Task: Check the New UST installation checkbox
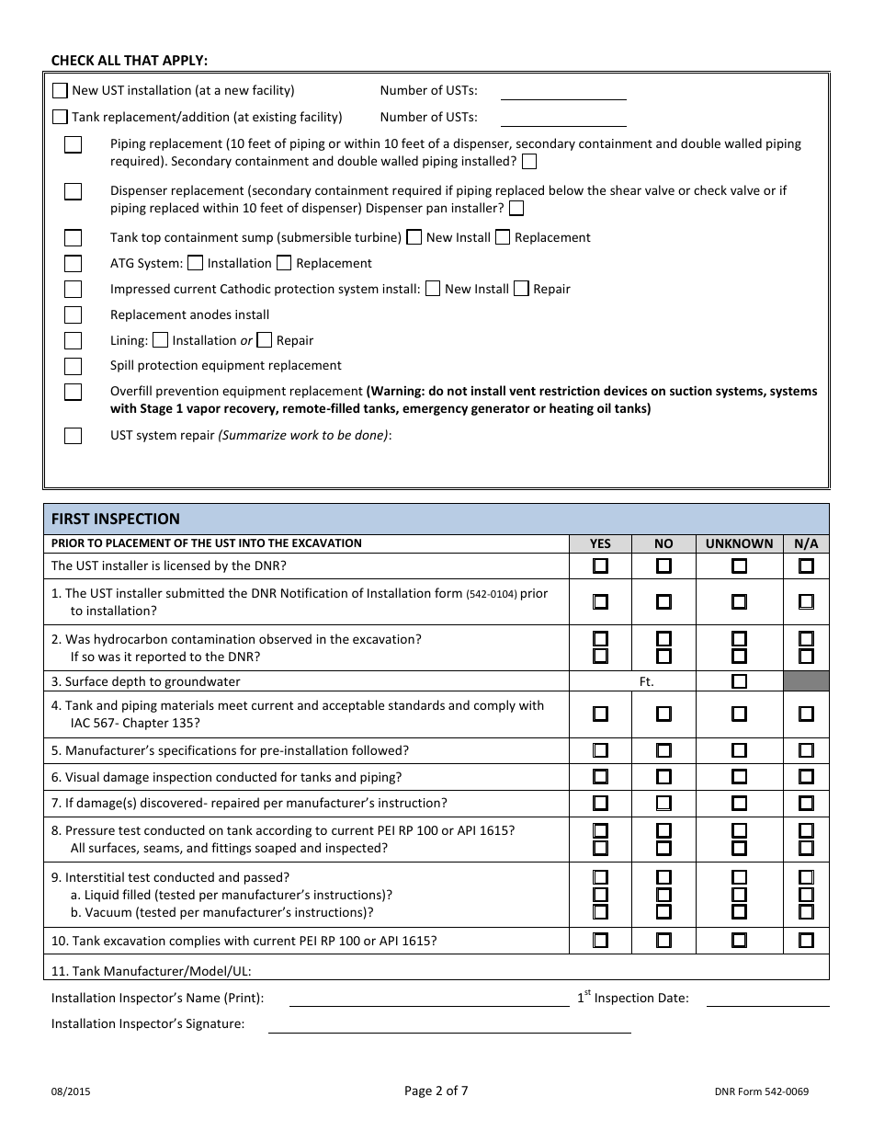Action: tap(61, 90)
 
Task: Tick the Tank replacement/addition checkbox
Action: tap(61, 117)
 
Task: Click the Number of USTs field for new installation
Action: tap(562, 91)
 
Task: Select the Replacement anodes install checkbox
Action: tap(74, 315)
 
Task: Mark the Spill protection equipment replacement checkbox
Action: tap(74, 366)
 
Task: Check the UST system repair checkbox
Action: tap(74, 436)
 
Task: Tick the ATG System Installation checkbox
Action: tap(196, 263)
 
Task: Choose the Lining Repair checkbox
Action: tap(265, 340)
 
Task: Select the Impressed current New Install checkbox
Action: tap(433, 289)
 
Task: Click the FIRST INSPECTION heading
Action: tap(116, 519)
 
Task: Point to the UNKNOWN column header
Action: tap(739, 543)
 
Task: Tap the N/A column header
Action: tap(806, 543)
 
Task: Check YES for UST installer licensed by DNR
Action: tap(600, 565)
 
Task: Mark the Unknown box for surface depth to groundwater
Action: tap(739, 681)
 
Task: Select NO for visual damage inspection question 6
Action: tap(663, 777)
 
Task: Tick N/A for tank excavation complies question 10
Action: tap(806, 941)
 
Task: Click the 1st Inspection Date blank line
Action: tap(767, 999)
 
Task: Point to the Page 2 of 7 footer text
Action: tap(436, 1091)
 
